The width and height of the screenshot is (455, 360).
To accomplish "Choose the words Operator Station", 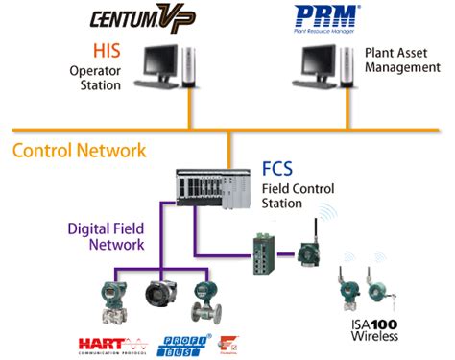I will click(x=95, y=78).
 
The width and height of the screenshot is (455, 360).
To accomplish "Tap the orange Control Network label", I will click(x=80, y=151).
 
